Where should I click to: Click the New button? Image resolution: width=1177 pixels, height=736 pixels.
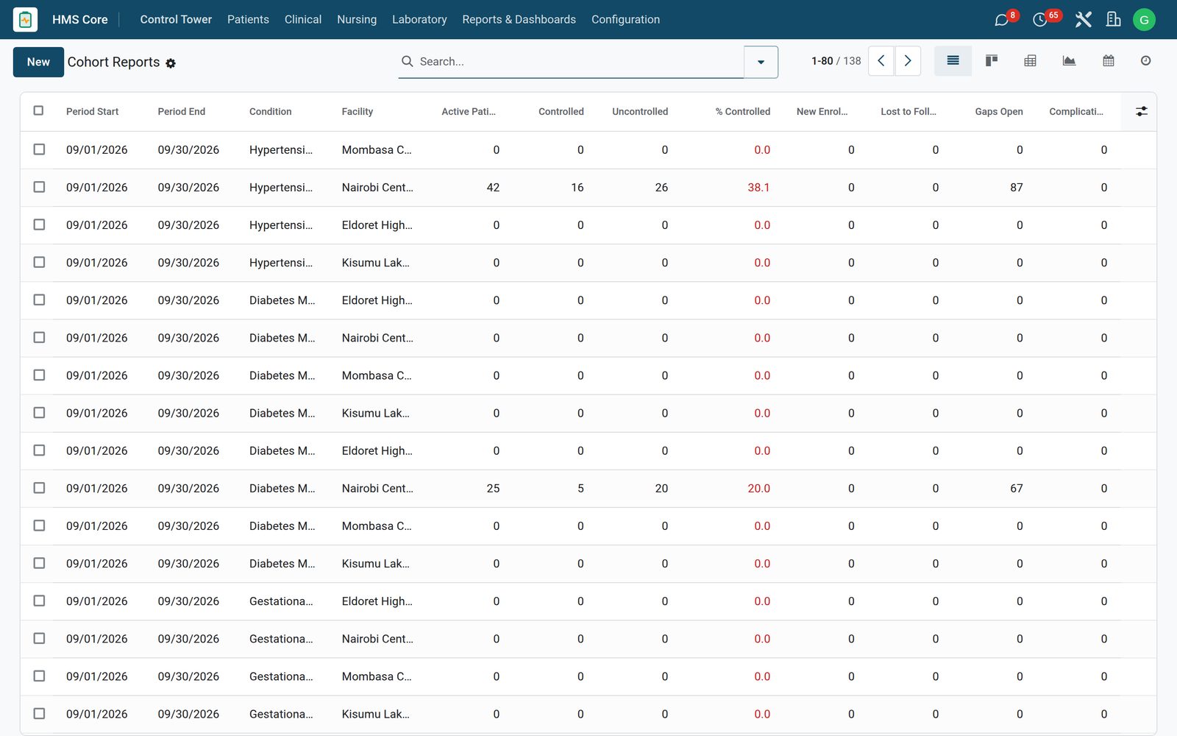click(38, 62)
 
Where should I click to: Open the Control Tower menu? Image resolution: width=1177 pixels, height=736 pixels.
click(176, 19)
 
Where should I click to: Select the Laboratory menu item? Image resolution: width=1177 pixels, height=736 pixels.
click(419, 19)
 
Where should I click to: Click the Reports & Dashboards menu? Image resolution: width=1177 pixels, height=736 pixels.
click(519, 19)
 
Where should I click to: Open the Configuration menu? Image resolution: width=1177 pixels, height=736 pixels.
click(625, 19)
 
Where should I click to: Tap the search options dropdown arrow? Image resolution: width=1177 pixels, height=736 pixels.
click(761, 62)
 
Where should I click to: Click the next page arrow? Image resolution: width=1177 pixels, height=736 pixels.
click(908, 61)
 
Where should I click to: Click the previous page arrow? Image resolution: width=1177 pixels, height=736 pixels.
click(881, 61)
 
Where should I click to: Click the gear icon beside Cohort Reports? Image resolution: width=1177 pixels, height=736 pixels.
click(170, 63)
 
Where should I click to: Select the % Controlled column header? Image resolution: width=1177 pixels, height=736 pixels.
click(742, 111)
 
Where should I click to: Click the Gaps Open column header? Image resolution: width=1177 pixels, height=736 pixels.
click(998, 111)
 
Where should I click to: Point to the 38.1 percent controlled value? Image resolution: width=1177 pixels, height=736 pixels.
click(758, 187)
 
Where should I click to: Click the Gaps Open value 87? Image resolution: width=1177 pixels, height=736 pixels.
click(1016, 187)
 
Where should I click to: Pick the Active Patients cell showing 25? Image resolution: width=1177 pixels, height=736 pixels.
click(492, 489)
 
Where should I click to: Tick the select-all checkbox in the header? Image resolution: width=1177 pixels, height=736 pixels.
click(38, 110)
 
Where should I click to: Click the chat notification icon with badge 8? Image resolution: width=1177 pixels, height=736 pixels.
click(1001, 20)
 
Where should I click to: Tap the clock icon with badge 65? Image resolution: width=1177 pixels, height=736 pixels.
click(1039, 20)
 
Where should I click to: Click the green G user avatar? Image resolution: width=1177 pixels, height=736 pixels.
click(1144, 20)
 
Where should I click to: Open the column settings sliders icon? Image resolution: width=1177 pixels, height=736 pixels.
click(1141, 111)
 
